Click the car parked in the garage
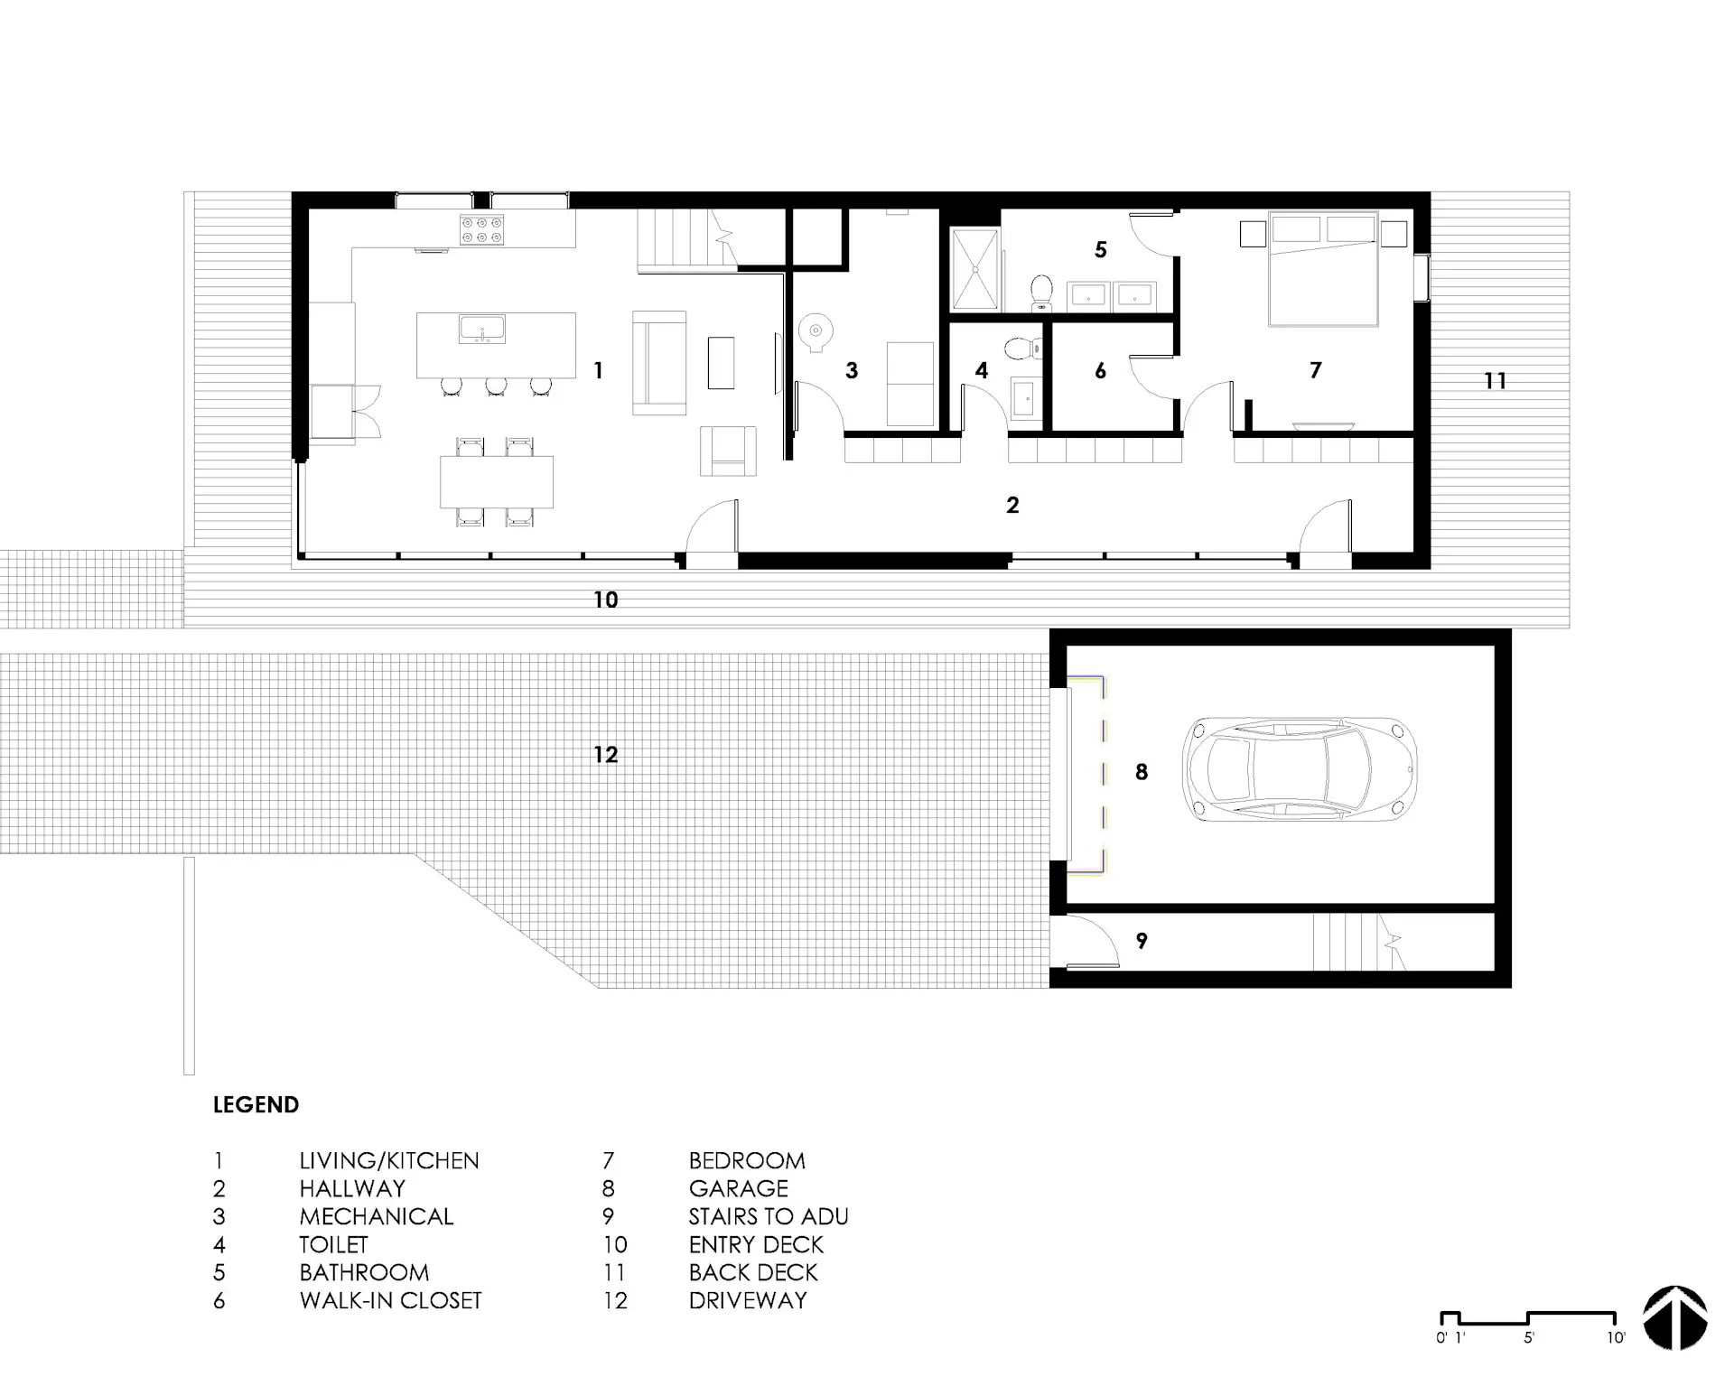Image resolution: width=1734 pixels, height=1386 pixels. (1300, 769)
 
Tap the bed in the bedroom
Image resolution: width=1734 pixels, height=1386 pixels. (1324, 268)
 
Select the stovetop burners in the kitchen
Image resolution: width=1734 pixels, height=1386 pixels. (482, 229)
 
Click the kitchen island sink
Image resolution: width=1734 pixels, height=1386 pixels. (482, 330)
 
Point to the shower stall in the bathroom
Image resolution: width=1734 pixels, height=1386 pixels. (975, 270)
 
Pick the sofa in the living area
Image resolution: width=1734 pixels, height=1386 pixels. (659, 363)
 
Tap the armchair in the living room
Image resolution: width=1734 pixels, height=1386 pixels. (729, 451)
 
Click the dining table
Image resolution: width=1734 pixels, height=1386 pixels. (497, 481)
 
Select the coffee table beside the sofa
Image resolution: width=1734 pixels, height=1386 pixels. (721, 362)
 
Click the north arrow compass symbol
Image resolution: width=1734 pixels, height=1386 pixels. (1675, 1317)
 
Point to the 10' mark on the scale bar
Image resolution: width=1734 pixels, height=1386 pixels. (1616, 1338)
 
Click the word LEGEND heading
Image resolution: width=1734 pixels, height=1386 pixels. (256, 1105)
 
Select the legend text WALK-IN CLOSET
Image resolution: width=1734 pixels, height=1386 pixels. (391, 1300)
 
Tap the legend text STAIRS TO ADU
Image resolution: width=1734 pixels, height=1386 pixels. (769, 1216)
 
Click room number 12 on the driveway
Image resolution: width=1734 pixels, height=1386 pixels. (606, 754)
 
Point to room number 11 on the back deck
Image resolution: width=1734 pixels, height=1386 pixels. (1496, 381)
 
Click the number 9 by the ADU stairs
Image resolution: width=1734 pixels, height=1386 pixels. (1142, 941)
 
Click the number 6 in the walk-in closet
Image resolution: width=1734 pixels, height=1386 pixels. (1100, 370)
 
